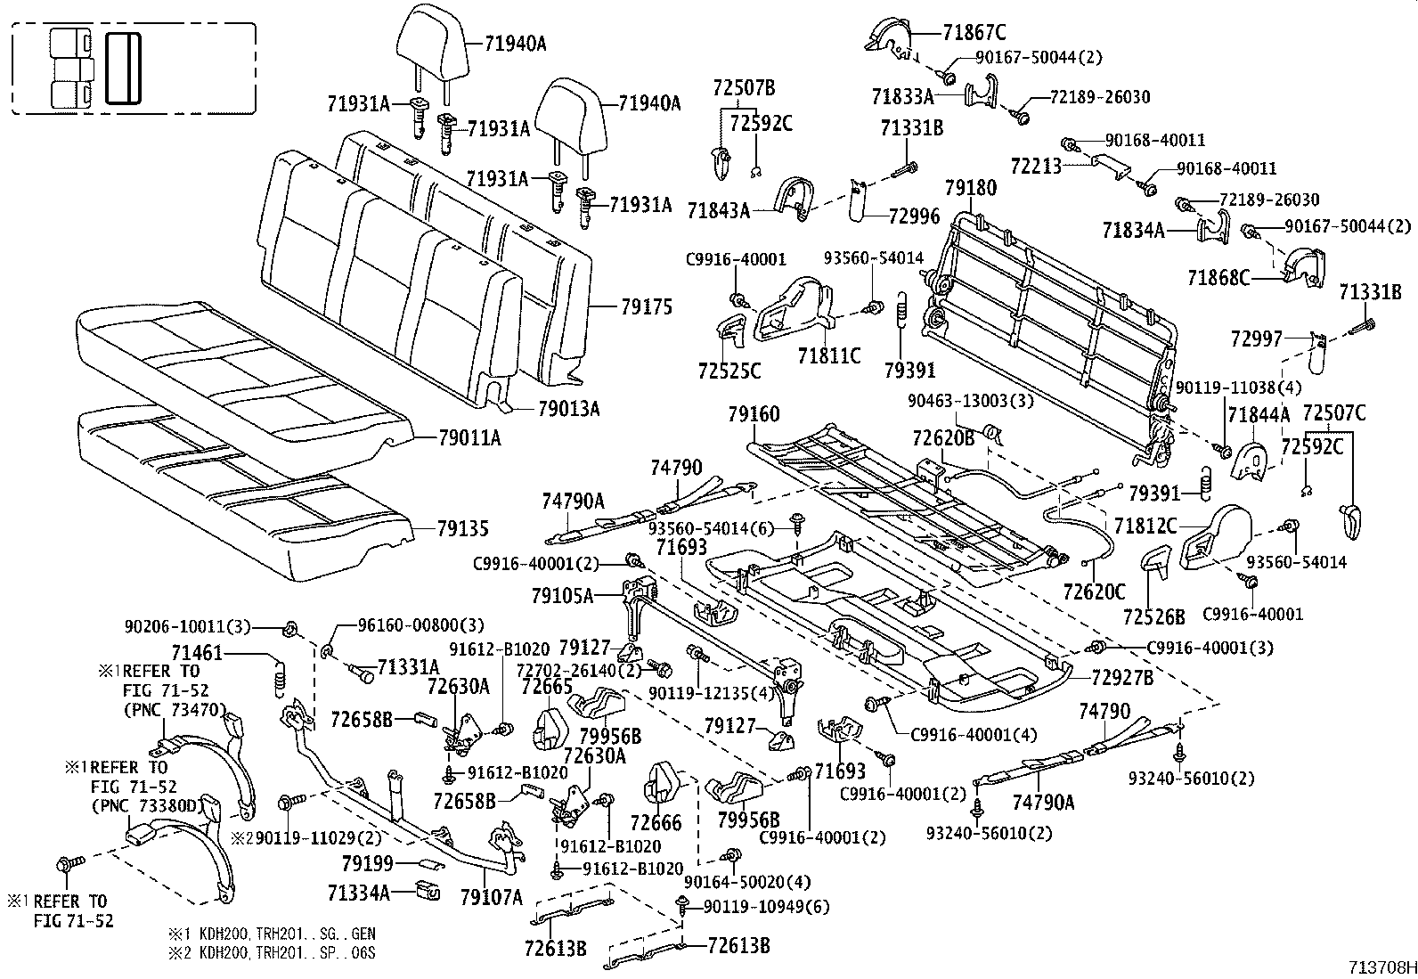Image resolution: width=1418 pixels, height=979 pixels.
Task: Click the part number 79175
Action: pos(648,307)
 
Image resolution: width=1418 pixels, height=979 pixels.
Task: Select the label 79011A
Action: pos(469,437)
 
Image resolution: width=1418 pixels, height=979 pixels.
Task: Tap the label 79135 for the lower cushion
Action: pos(462,527)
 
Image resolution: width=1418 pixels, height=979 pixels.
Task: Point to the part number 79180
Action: pos(971,188)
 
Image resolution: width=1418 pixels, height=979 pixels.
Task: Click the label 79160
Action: pos(753,414)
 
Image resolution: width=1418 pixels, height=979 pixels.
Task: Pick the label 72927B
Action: pos(1121,678)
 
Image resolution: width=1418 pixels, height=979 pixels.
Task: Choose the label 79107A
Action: pos(491,896)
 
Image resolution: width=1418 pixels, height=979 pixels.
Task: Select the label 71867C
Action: pos(974,34)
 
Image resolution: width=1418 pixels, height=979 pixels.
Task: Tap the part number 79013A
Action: pos(569,409)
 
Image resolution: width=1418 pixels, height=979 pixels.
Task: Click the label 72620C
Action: pos(1093,590)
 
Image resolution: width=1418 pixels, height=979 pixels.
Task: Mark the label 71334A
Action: pos(358,892)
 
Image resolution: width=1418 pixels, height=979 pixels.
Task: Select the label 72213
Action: pos(1036,166)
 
